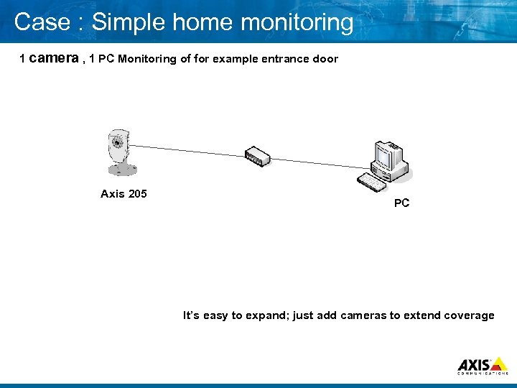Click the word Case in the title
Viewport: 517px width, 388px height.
click(40, 22)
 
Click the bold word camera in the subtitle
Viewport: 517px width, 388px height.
click(55, 58)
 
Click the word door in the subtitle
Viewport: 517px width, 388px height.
click(325, 59)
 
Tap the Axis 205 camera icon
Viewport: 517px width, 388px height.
click(118, 152)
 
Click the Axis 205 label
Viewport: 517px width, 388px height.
click(124, 193)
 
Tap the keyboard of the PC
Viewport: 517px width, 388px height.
click(373, 183)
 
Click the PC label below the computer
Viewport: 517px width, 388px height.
click(401, 203)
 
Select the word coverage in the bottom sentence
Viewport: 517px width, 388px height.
click(470, 315)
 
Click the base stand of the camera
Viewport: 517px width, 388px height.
click(121, 170)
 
